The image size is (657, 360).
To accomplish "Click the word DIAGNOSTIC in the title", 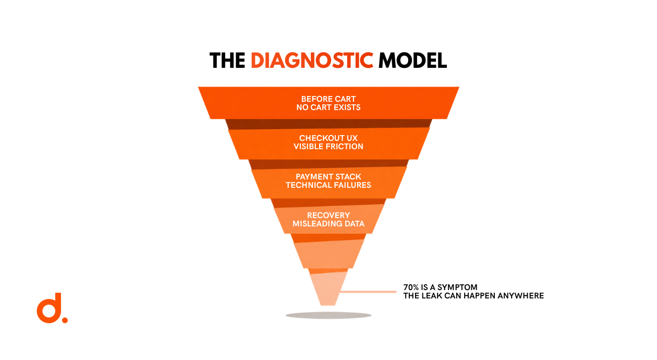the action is click(x=312, y=61).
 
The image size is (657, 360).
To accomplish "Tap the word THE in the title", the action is click(x=227, y=61).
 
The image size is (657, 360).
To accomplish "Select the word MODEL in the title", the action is click(x=412, y=61).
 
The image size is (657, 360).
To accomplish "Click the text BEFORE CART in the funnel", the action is click(x=328, y=99).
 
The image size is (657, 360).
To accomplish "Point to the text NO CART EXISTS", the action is click(x=328, y=107).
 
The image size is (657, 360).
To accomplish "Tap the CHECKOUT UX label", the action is click(x=328, y=138).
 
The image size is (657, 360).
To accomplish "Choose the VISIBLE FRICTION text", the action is click(x=328, y=147).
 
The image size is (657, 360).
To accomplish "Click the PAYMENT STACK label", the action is click(x=328, y=177).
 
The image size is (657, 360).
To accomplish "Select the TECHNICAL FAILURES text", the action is click(x=328, y=185).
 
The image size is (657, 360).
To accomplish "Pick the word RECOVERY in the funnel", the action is click(x=328, y=215).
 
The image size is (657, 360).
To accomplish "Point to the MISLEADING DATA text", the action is click(x=328, y=224).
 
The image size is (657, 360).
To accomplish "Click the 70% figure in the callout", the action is click(x=411, y=287).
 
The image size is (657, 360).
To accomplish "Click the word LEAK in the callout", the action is click(x=432, y=295).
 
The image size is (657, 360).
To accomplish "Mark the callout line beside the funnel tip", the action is click(x=368, y=292).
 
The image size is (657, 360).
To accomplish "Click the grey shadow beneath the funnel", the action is click(x=328, y=316).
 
